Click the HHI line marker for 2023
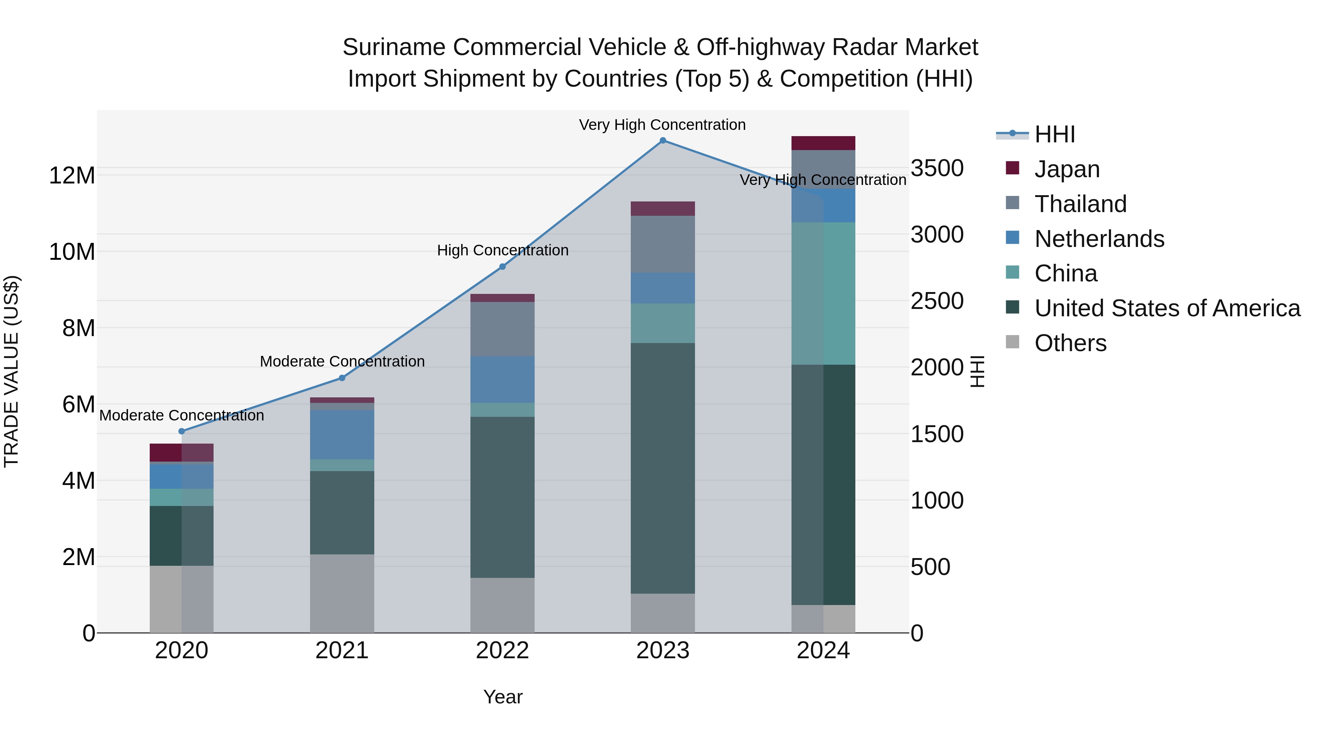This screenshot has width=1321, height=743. coord(663,141)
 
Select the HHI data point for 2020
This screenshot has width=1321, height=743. coord(182,431)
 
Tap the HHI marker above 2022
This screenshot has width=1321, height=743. coord(503,267)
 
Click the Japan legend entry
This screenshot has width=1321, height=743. coord(1067,169)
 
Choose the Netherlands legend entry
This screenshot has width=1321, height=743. coord(1099,238)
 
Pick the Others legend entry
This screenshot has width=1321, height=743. coord(1070,343)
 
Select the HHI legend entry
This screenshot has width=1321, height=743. coord(1054,134)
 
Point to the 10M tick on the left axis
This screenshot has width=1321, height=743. coord(72,252)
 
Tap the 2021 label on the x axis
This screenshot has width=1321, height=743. coord(342,651)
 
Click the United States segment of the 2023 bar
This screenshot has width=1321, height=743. coord(663,468)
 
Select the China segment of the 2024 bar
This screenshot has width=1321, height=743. coord(823,293)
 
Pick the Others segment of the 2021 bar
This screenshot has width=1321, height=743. coord(342,593)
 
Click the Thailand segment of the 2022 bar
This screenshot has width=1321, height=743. coord(503,329)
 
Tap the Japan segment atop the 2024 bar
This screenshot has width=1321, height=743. coord(823,143)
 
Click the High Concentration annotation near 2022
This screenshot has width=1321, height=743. coord(503,250)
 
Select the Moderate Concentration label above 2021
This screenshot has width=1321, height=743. coord(342,361)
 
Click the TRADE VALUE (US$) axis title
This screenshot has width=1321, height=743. coord(11,371)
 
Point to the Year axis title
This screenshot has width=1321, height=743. coord(503,697)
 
